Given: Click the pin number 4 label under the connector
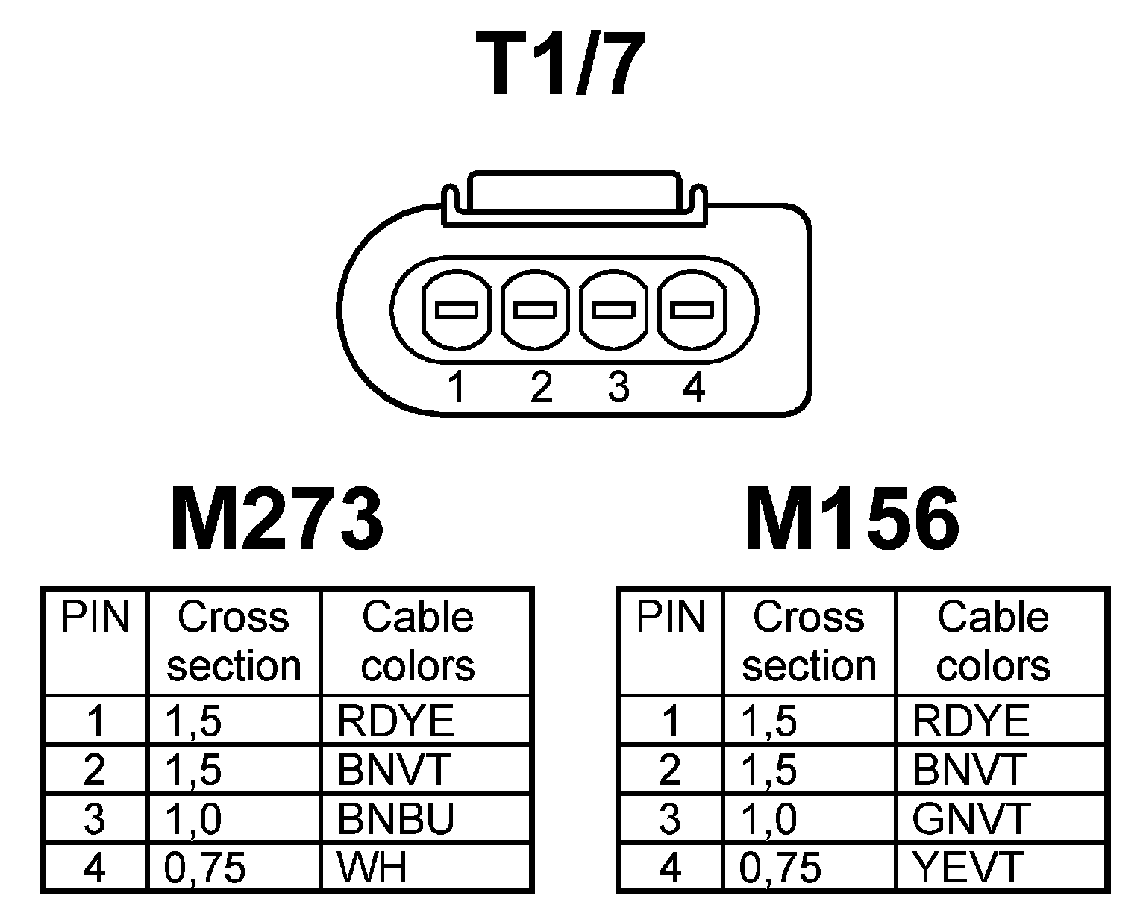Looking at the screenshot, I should (694, 388).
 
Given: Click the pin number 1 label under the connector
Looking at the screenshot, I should (457, 388).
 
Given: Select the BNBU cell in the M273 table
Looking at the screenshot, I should (395, 819).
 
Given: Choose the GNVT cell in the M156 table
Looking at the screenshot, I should (971, 819).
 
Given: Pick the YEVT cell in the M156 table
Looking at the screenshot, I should (967, 868).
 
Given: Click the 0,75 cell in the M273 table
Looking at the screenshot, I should (204, 868).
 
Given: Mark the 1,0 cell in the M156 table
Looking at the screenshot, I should (768, 819).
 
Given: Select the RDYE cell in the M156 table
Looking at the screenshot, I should (971, 721).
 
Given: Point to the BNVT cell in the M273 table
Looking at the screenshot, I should (394, 770).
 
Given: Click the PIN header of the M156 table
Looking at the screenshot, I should (670, 618).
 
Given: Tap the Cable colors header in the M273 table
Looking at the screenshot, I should (418, 642).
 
